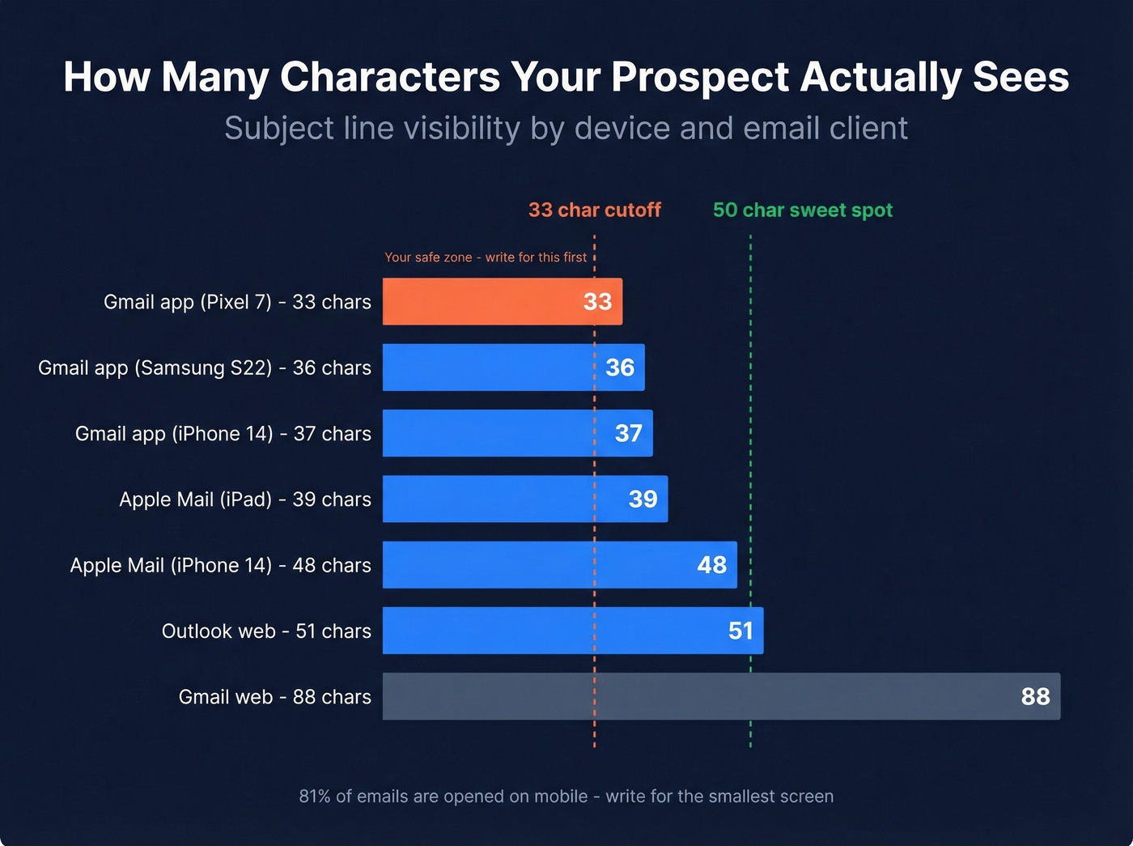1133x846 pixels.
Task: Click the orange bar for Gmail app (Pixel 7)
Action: click(486, 301)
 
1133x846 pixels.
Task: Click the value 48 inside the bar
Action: click(711, 565)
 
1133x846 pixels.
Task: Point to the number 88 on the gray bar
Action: click(1035, 696)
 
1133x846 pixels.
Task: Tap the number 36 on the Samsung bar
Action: click(620, 368)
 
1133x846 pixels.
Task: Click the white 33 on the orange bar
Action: click(597, 302)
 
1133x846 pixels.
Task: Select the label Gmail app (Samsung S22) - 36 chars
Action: click(205, 368)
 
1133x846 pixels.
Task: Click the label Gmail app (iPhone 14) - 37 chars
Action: click(223, 434)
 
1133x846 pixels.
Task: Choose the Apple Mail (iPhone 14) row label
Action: click(220, 565)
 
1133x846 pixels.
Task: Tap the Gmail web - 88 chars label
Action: click(274, 697)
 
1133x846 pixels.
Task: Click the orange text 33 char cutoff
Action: click(595, 210)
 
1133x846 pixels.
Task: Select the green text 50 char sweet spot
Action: click(802, 210)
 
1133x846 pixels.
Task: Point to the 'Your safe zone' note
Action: click(486, 257)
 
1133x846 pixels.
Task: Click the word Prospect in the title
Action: click(699, 78)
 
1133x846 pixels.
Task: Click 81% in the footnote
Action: click(315, 797)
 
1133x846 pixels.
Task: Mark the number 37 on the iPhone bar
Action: click(628, 433)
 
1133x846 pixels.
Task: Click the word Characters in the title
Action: click(390, 78)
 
